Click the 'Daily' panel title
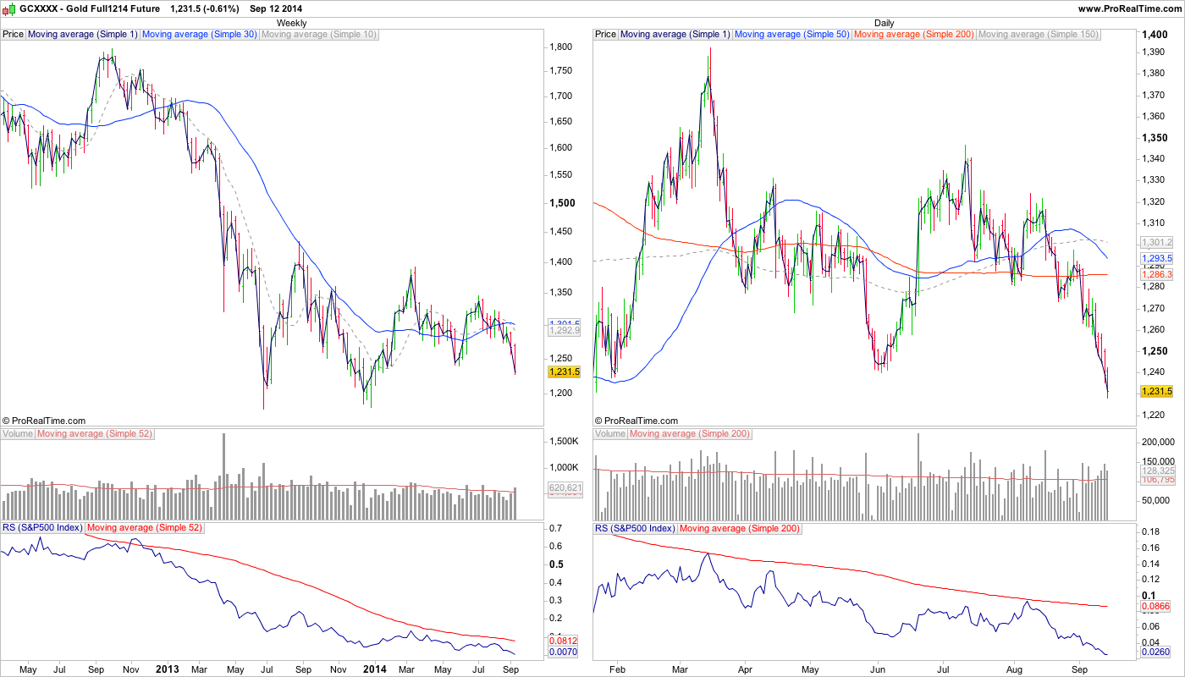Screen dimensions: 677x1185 884,23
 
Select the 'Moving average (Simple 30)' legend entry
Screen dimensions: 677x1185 199,35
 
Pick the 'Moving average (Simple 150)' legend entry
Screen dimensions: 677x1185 1038,35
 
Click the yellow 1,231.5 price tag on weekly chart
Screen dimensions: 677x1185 564,372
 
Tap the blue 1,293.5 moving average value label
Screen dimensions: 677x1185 1157,258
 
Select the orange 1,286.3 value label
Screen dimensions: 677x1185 1157,275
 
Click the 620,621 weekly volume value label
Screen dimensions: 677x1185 565,487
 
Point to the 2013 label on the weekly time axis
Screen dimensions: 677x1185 168,669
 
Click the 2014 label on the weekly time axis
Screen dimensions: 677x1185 374,669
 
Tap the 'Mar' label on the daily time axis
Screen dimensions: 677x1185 680,669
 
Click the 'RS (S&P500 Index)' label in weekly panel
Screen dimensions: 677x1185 41,528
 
